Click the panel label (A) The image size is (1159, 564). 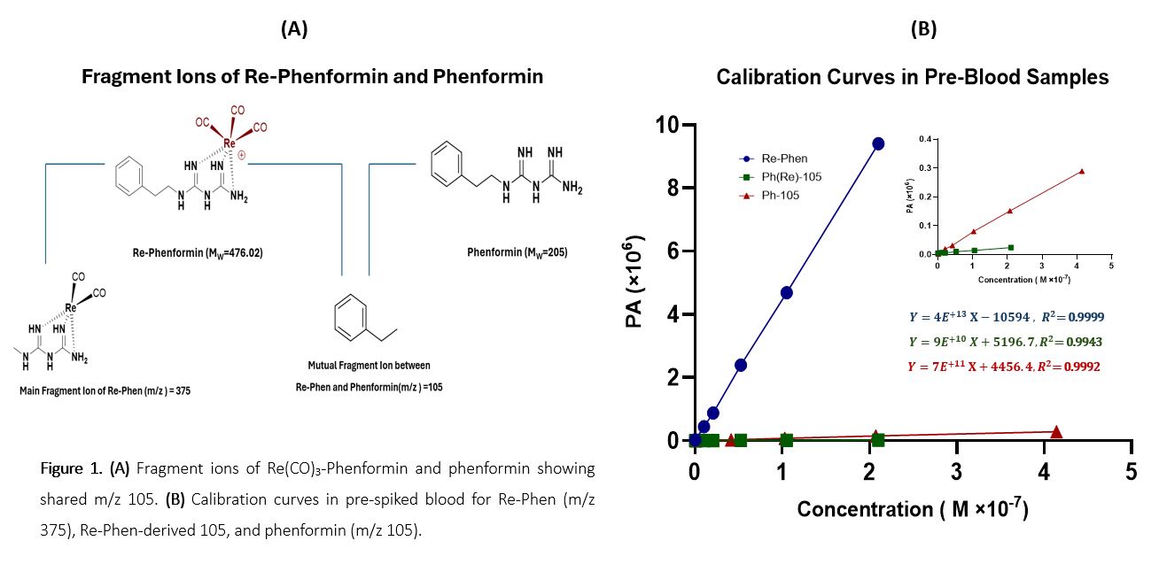(x=294, y=29)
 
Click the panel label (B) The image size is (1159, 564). (x=923, y=29)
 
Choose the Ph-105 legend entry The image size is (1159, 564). (x=780, y=195)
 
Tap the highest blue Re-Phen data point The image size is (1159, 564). (x=878, y=143)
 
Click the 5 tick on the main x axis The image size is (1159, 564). (x=1131, y=471)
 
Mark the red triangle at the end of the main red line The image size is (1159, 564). (x=1056, y=431)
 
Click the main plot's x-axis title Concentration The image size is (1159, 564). (x=912, y=510)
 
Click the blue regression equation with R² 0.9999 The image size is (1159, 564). (x=1006, y=316)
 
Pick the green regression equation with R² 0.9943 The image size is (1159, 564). (x=1006, y=340)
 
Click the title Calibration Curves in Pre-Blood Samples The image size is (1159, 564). (x=912, y=78)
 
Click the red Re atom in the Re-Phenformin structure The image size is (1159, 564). (x=229, y=143)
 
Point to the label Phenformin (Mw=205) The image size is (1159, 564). (x=517, y=252)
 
